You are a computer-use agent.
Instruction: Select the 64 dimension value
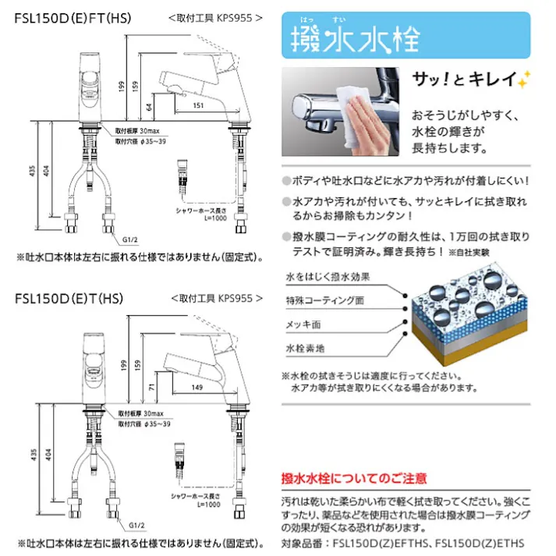pyautogui.click(x=147, y=104)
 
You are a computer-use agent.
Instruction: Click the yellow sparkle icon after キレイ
pyautogui.click(x=525, y=77)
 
